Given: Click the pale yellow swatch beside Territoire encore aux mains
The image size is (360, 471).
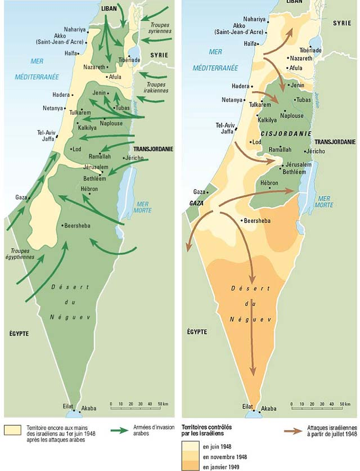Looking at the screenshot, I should [12, 430].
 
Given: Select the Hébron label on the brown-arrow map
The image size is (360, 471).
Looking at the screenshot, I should [268, 183].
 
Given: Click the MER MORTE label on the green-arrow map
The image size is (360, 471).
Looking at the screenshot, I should [143, 207].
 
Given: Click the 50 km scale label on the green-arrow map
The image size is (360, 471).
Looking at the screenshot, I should [162, 403].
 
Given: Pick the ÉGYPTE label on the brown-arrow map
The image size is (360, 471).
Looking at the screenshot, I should [198, 333].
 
